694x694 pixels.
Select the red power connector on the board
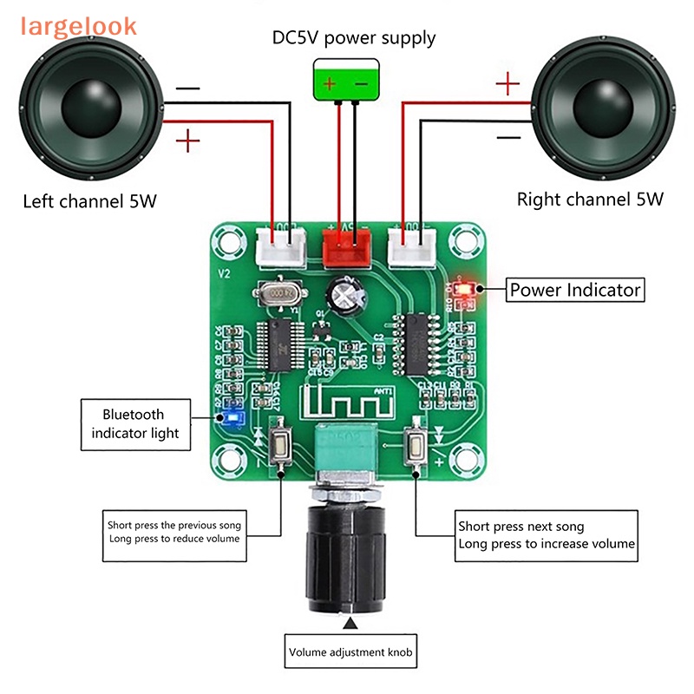pos(344,246)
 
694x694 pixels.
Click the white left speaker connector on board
pos(283,246)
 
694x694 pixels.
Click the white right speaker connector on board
pos(410,246)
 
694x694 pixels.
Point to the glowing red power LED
pos(466,289)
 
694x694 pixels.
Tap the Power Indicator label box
pos(575,290)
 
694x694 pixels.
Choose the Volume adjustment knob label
pos(350,651)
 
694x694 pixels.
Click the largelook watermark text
pos(79,25)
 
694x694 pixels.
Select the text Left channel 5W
pos(89,202)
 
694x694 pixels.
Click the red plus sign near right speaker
pos(508,84)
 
